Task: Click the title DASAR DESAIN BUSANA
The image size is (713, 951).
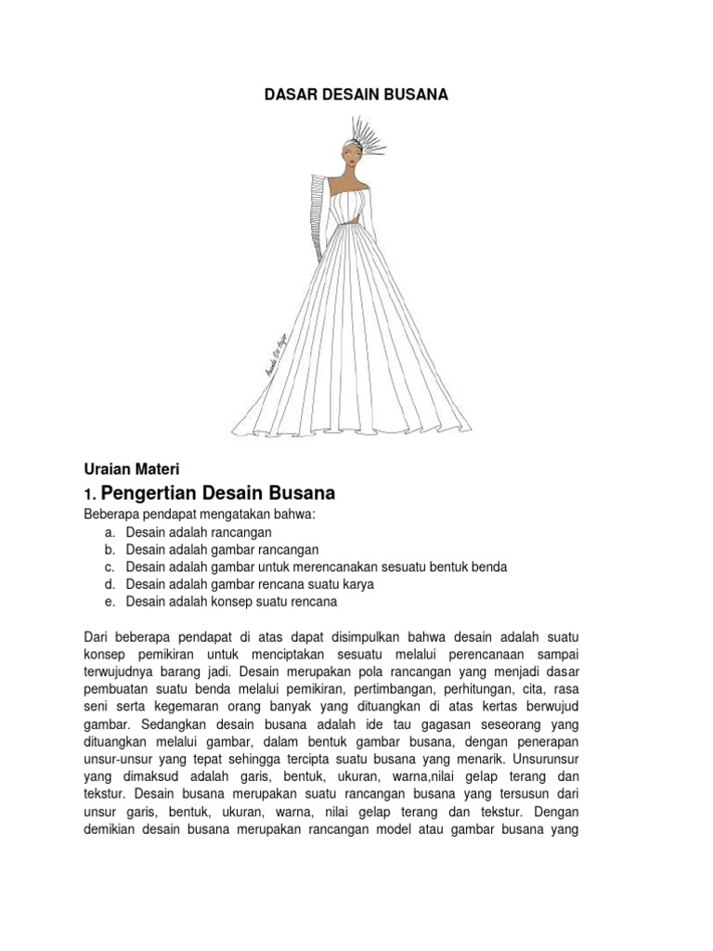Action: click(x=356, y=95)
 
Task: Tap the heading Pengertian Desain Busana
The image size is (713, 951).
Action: click(x=217, y=492)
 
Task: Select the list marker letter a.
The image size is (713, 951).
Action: click(x=110, y=533)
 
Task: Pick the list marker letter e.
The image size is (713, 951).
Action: click(x=110, y=602)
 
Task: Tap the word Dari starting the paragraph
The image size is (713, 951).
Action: click(x=97, y=638)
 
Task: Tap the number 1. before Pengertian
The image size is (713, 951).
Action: click(x=89, y=494)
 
